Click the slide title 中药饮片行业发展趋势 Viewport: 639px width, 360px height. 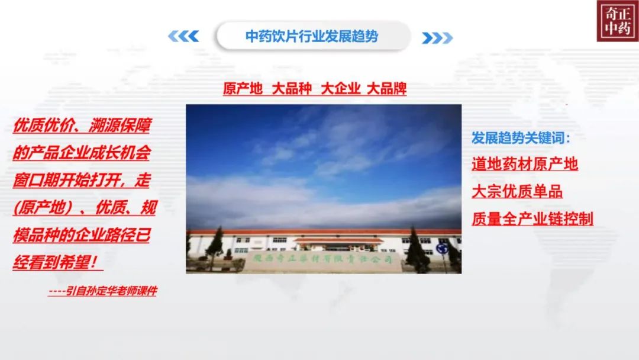pyautogui.click(x=312, y=36)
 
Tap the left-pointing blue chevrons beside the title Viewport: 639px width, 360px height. pyautogui.click(x=183, y=36)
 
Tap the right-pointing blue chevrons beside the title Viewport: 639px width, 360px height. pyautogui.click(x=437, y=38)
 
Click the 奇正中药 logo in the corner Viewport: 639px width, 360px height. pyautogui.click(x=618, y=21)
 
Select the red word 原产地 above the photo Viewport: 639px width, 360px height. pyautogui.click(x=243, y=88)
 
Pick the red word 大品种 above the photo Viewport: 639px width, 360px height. pyautogui.click(x=292, y=88)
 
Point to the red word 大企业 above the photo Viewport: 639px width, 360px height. pyautogui.click(x=341, y=88)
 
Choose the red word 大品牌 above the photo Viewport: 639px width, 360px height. pyautogui.click(x=387, y=88)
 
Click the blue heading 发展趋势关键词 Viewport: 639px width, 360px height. pyautogui.click(x=521, y=138)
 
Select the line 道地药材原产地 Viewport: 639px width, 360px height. pyautogui.click(x=525, y=164)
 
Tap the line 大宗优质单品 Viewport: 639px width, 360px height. pyautogui.click(x=517, y=191)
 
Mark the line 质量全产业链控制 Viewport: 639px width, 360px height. pyautogui.click(x=532, y=218)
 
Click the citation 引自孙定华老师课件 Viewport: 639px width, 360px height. pyautogui.click(x=103, y=291)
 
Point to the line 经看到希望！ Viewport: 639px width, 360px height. pyautogui.click(x=57, y=262)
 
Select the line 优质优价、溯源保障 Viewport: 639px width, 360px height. pyautogui.click(x=82, y=125)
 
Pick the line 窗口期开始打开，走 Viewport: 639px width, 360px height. pyautogui.click(x=82, y=180)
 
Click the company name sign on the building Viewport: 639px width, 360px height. pyautogui.click(x=322, y=259)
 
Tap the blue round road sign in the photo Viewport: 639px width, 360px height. pyautogui.click(x=441, y=248)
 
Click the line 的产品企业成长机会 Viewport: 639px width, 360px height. pyautogui.click(x=82, y=153)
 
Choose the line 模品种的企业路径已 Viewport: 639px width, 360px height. pyautogui.click(x=82, y=235)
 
